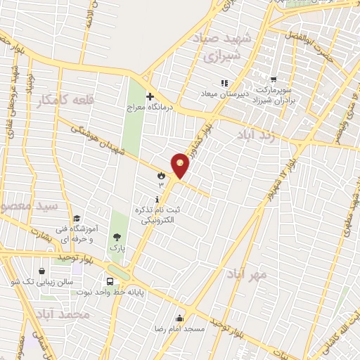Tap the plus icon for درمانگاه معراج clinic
click(149, 96)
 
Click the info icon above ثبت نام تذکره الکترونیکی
click(156, 198)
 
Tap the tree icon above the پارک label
click(117, 237)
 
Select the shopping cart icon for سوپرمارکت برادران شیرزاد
click(273, 79)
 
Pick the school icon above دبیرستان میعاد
click(224, 84)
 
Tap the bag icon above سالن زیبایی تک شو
click(43, 271)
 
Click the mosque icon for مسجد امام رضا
click(181, 317)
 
